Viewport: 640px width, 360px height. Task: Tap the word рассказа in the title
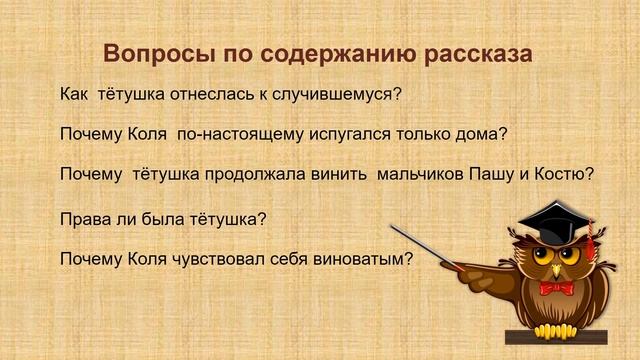tap(477, 53)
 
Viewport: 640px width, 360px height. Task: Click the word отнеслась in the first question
tap(200, 96)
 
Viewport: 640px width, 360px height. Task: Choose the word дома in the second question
tap(479, 134)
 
